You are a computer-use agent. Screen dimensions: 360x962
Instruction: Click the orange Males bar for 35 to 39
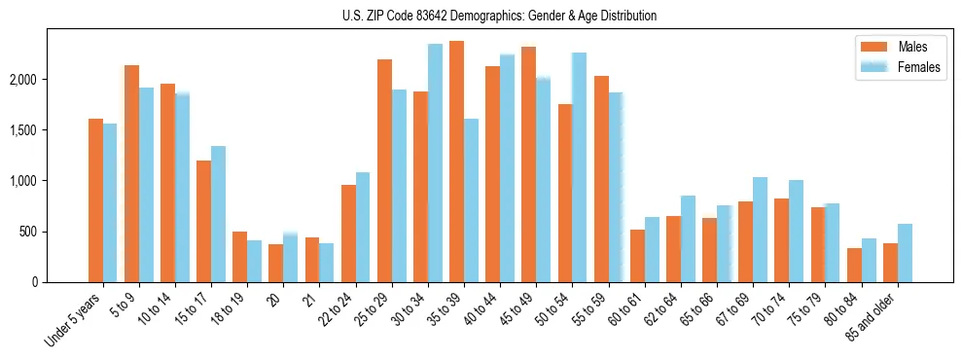456,162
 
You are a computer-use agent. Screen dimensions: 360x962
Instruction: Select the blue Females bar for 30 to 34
435,162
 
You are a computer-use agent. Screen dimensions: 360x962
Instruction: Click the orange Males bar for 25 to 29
384,170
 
